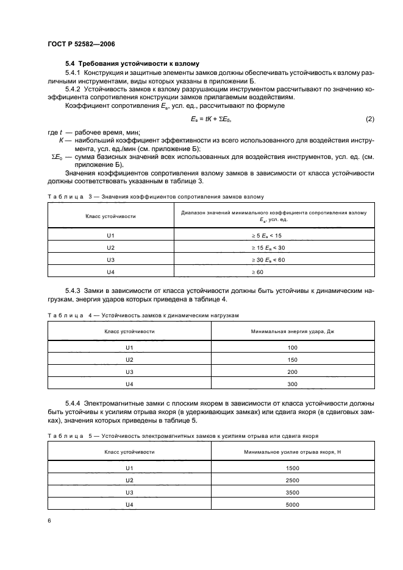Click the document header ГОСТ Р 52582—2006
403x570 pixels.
point(80,44)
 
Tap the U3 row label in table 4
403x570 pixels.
point(129,371)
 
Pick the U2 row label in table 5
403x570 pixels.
point(129,480)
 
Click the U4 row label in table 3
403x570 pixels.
point(110,273)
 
